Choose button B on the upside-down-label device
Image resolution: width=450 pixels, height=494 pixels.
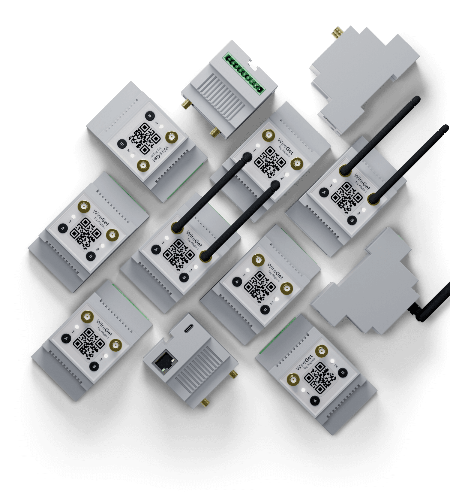[122, 144]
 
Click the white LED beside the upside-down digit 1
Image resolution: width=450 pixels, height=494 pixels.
[162, 126]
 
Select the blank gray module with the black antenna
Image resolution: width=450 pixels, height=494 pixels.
[364, 282]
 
